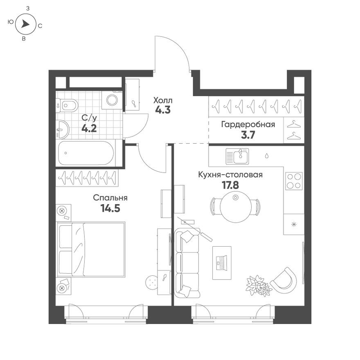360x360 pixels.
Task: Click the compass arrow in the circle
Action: (x=25, y=25)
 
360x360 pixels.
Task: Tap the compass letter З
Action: (x=27, y=8)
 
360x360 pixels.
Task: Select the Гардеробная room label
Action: (x=248, y=124)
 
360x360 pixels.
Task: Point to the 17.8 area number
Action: (x=230, y=184)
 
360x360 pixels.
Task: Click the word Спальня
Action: (x=110, y=198)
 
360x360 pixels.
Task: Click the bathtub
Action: (x=86, y=153)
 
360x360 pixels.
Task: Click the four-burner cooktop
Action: (x=294, y=181)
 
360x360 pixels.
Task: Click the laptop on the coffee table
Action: (x=221, y=263)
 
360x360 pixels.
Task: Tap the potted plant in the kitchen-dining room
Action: (x=258, y=285)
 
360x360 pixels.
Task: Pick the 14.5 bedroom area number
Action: (x=110, y=208)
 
